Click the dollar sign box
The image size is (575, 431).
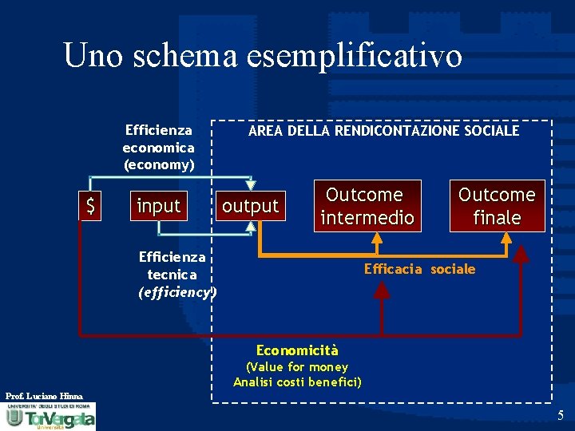click(90, 207)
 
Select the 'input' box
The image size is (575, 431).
click(159, 206)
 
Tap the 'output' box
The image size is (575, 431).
click(250, 206)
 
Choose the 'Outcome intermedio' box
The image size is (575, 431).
click(367, 206)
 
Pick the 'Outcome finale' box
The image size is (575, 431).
click(497, 206)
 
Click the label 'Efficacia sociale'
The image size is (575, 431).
click(419, 269)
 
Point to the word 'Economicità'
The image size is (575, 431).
click(297, 350)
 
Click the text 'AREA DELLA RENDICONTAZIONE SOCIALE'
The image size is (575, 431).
click(383, 130)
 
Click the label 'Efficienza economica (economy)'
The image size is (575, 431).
click(158, 148)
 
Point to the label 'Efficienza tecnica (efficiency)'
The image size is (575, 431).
click(176, 275)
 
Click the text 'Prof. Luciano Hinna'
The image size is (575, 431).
click(44, 396)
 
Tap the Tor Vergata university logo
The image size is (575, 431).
click(50, 417)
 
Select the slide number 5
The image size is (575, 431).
click(561, 415)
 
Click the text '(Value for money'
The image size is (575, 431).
click(297, 367)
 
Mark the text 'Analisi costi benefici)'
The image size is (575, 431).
click(297, 382)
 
